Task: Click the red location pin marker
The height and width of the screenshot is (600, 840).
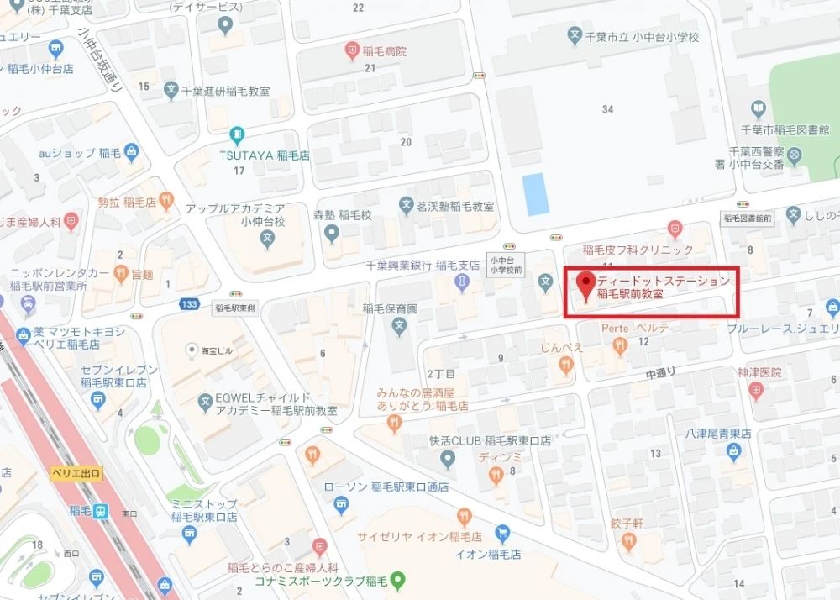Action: coord(585,283)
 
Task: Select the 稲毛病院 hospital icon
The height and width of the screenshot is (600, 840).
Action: coord(353,51)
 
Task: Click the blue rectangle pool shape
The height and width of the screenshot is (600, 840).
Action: coord(534,195)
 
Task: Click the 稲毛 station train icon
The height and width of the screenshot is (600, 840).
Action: coord(99,510)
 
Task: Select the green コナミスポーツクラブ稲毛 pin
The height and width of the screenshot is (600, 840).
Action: coord(400,578)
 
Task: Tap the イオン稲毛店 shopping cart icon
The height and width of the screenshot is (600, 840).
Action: coord(501,532)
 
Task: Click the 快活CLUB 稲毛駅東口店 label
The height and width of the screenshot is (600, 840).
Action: coord(490,439)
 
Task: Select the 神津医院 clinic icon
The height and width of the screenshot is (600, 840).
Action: coord(756,389)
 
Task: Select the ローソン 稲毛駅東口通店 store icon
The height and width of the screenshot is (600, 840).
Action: coord(341,504)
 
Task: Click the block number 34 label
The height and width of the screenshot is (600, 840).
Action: coord(608,109)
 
